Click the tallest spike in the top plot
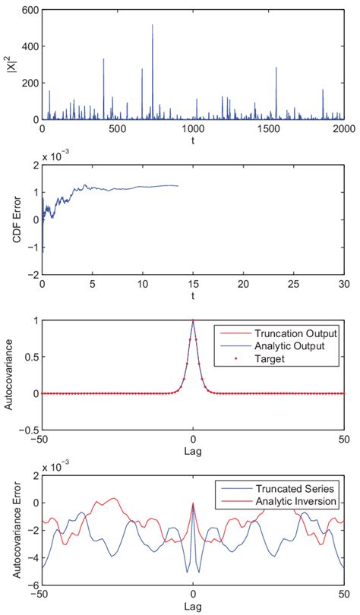(x=153, y=26)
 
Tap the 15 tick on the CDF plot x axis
(x=193, y=283)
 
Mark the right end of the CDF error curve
(x=178, y=186)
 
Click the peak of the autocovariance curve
(x=193, y=320)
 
